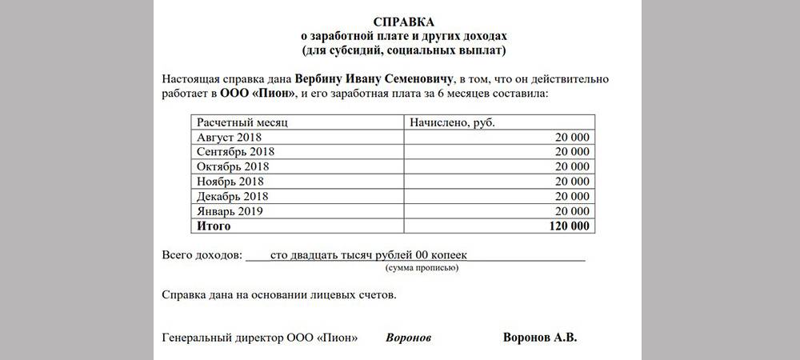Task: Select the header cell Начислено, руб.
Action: [453, 122]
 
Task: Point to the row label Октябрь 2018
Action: [233, 166]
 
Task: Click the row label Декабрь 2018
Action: [233, 196]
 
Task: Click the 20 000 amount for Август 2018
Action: [572, 138]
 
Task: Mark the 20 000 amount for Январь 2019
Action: [572, 211]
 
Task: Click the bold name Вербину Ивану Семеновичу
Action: [374, 79]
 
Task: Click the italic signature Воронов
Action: [408, 338]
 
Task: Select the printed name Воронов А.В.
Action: [539, 337]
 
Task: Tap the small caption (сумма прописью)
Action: [422, 268]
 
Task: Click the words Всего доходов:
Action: [201, 255]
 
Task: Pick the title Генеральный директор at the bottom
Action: [222, 338]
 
